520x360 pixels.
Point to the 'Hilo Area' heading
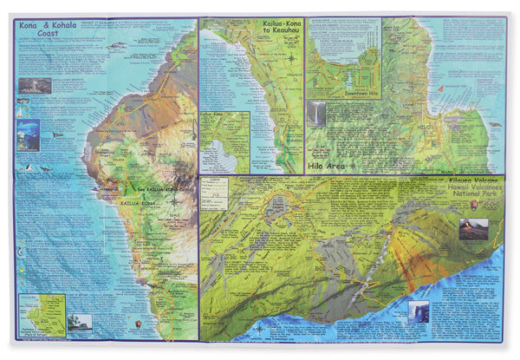328,164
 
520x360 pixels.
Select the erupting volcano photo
473,229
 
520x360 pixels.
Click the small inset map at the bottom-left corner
42,315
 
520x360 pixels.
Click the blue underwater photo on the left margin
28,134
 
